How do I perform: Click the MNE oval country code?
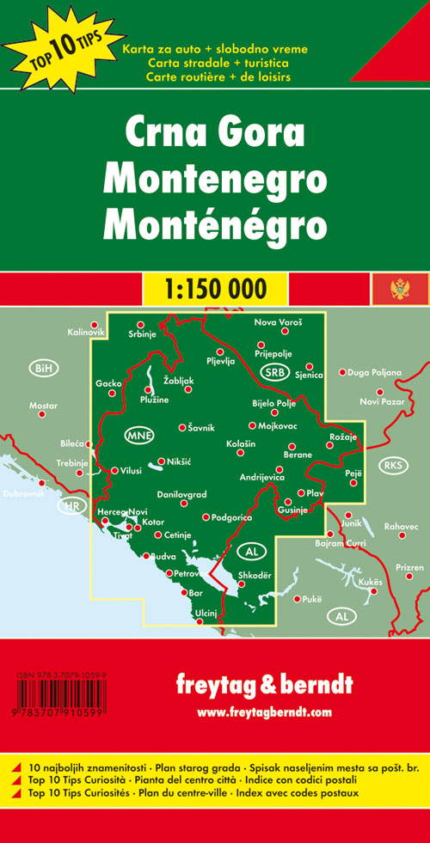138,435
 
